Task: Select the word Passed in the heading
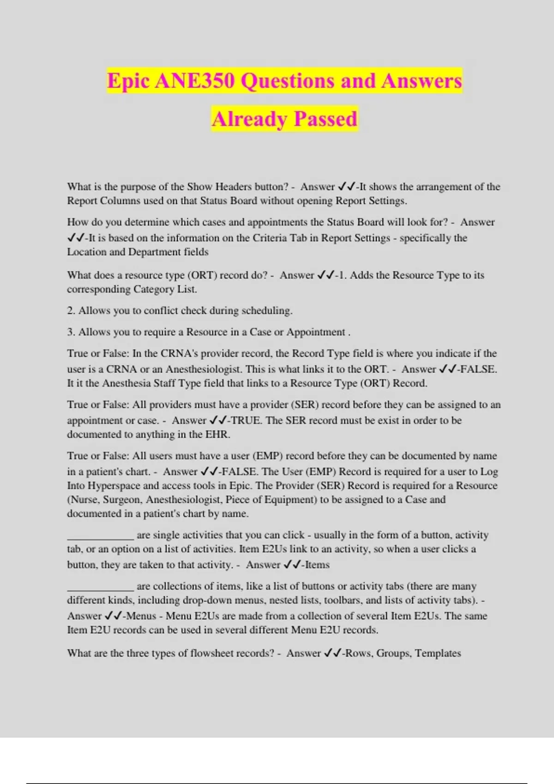(x=325, y=119)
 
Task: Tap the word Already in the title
(x=250, y=119)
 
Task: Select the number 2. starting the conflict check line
(x=71, y=310)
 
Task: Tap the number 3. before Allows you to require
(x=71, y=332)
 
